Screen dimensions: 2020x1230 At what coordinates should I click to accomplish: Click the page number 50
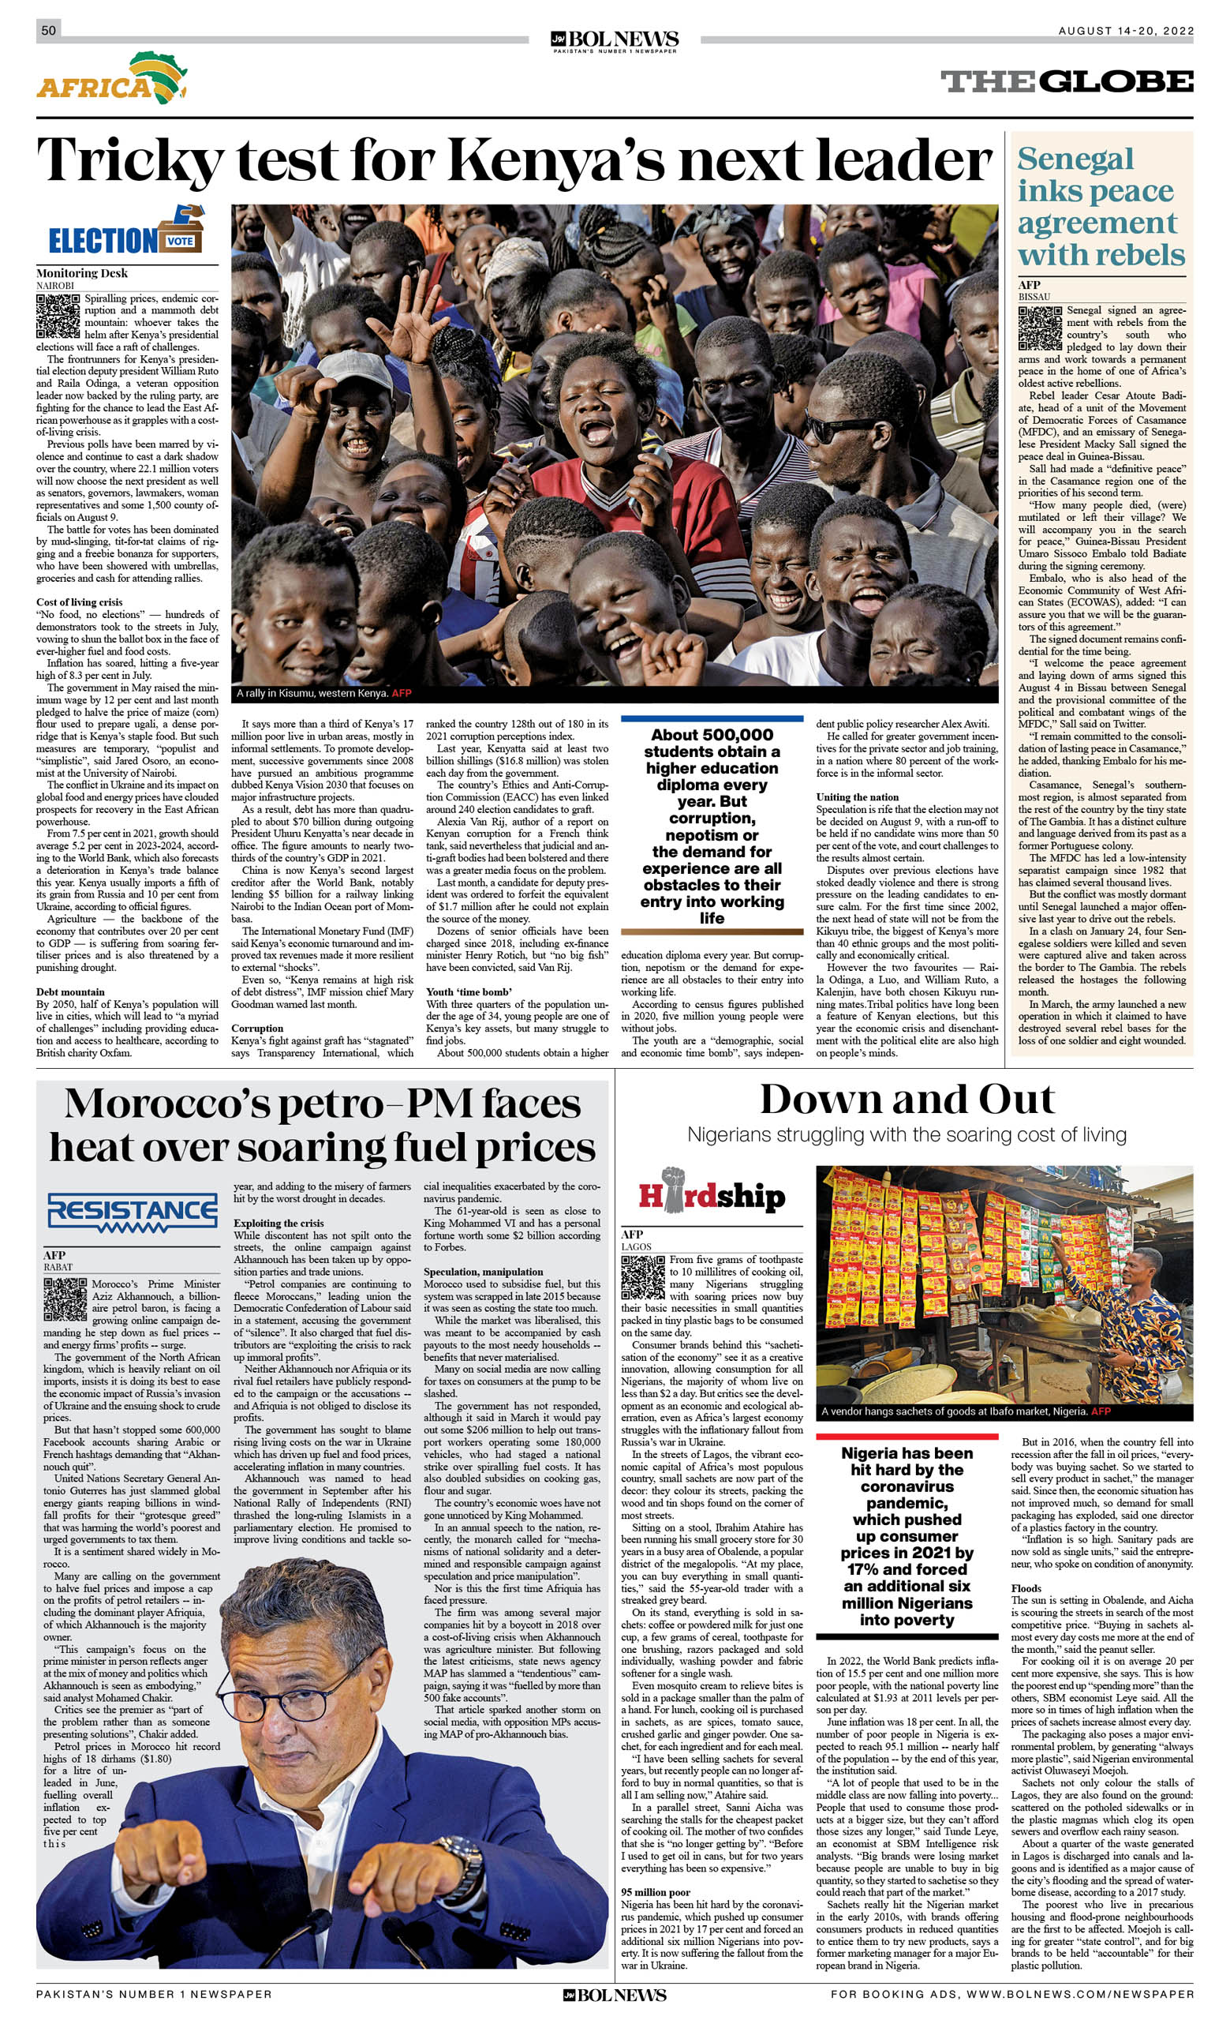point(48,30)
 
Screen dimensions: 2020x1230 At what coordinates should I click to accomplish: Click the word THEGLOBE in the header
point(1066,82)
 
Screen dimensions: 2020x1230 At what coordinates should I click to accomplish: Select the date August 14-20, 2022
point(1125,31)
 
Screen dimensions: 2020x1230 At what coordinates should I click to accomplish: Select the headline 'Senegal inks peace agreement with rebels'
point(1100,207)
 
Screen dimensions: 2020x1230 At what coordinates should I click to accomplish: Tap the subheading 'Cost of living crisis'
point(79,602)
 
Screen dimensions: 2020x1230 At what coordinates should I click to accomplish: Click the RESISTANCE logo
point(132,1212)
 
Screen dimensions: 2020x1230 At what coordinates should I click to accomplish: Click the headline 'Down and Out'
point(907,1100)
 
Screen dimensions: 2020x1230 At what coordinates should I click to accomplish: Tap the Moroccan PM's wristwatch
point(462,1858)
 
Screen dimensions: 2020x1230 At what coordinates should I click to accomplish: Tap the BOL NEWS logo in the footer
point(615,1995)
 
